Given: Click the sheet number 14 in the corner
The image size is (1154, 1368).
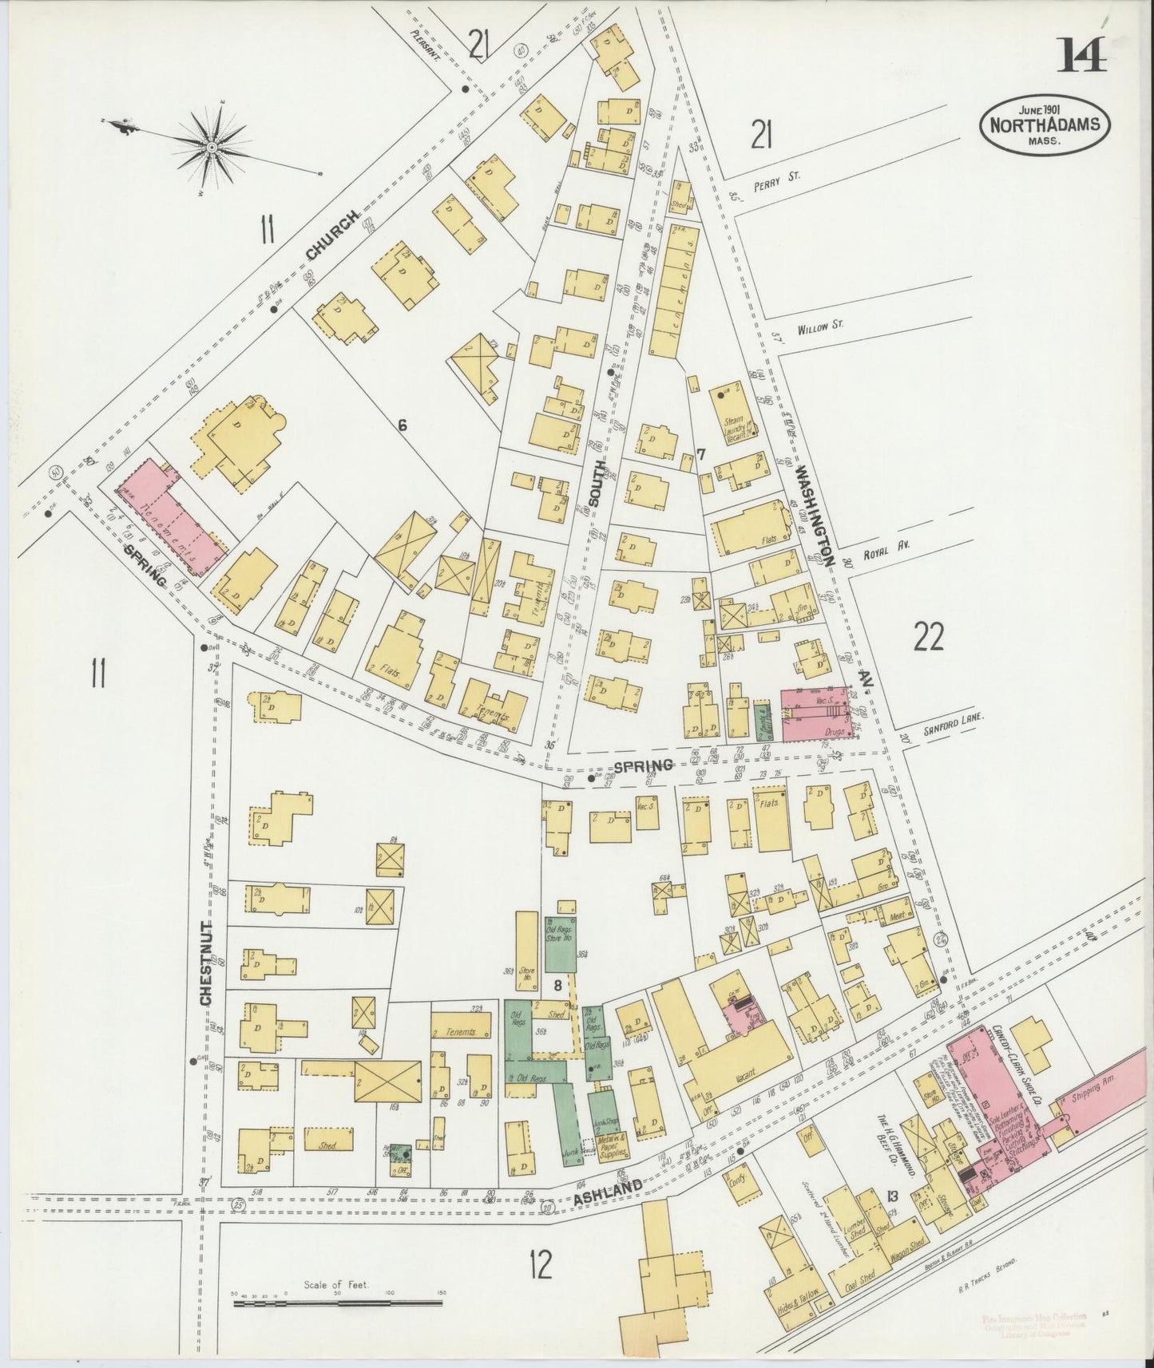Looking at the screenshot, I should coord(1083,55).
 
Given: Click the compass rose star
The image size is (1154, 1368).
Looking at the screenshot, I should coord(212,147).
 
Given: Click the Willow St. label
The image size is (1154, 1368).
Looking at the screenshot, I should coord(820,326).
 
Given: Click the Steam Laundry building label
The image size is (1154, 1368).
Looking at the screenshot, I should coord(733,420).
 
